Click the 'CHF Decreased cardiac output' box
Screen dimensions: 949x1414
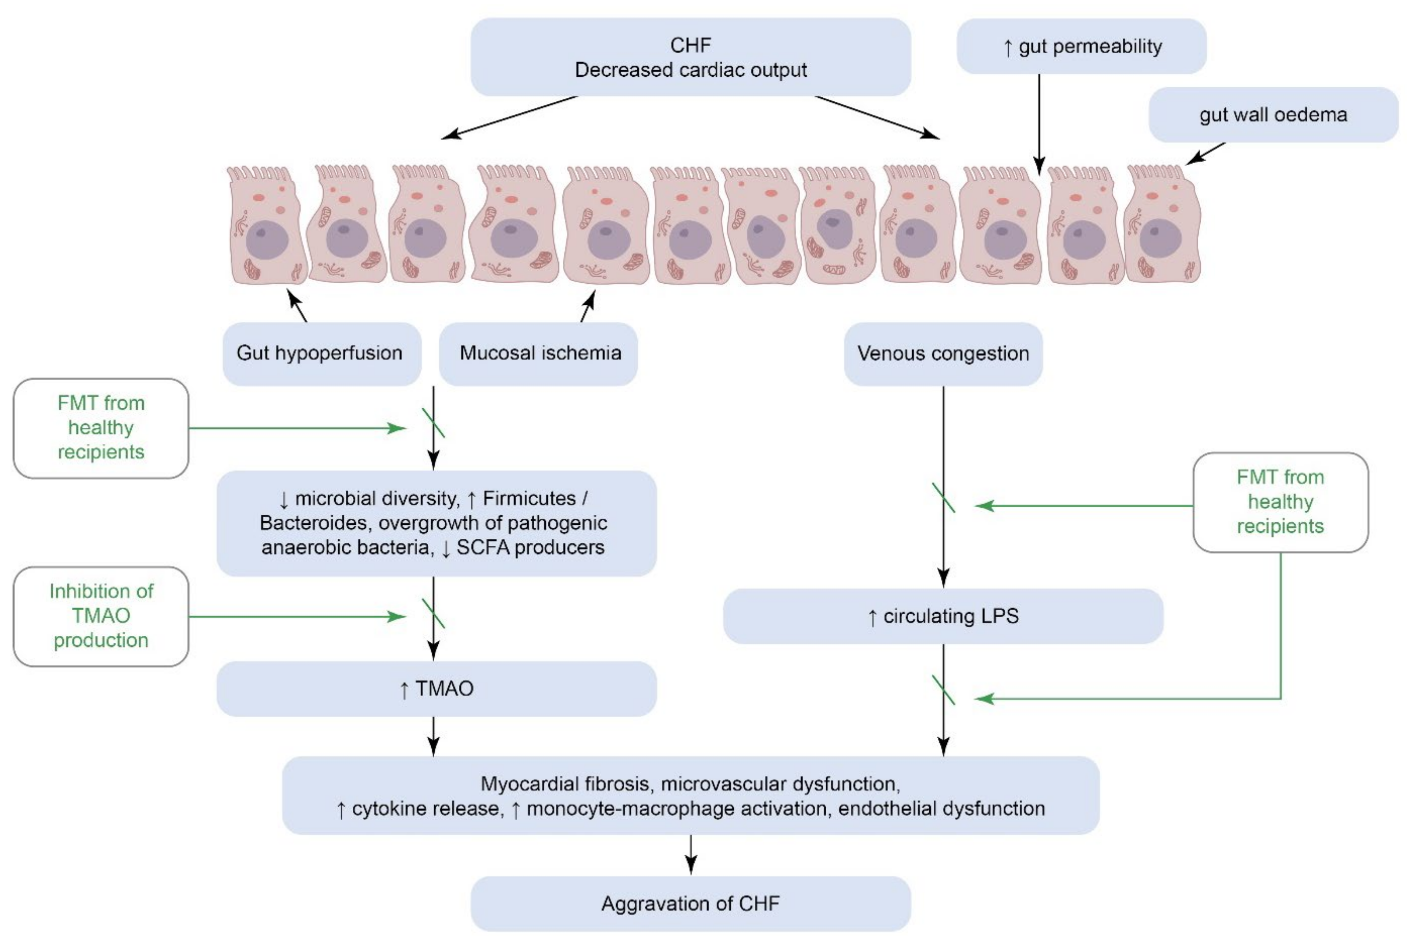690,57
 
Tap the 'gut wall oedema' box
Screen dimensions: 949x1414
1273,115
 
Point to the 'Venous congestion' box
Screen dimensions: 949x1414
943,354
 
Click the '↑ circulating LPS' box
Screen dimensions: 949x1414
943,616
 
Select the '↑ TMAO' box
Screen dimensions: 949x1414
436,689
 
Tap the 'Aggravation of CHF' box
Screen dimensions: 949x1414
690,903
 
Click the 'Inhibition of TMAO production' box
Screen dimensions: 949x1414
101,616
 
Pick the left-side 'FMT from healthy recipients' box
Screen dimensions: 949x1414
101,428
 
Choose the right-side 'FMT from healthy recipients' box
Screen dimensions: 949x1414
1280,502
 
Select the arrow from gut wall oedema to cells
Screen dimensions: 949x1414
1205,154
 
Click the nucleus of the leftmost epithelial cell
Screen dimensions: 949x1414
266,240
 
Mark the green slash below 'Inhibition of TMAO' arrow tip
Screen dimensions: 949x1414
434,613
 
